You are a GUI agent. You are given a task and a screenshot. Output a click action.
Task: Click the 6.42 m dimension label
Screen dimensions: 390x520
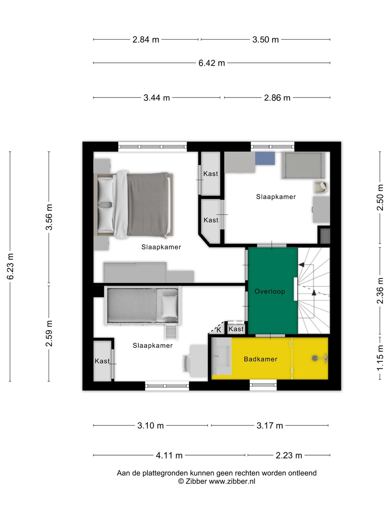212,63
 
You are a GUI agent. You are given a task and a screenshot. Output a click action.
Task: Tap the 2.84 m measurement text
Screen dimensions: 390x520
146,40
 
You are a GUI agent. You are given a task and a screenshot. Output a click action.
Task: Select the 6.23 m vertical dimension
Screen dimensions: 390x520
10,266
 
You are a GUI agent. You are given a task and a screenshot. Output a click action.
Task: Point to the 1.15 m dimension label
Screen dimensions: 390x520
380,358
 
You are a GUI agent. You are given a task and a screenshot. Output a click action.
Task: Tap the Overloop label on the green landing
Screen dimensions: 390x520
270,291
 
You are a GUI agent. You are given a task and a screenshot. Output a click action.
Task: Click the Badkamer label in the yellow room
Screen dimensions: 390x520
260,359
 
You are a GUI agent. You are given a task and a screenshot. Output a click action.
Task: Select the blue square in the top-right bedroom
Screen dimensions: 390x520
265,158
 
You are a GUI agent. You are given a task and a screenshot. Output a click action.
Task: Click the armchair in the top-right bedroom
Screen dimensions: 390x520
321,187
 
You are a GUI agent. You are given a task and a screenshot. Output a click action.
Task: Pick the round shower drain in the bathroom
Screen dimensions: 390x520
315,358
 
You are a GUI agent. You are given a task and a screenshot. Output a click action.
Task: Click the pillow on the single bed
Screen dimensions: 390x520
170,307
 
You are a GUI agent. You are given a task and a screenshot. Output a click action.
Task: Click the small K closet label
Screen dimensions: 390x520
219,330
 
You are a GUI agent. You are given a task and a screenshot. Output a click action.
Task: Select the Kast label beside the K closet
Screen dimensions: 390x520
236,329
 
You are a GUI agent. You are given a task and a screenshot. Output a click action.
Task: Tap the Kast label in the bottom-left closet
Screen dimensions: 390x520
102,361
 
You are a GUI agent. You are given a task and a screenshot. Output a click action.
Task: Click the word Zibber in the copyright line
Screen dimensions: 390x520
196,481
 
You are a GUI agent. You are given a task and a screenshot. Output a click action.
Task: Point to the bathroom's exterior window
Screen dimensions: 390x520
263,385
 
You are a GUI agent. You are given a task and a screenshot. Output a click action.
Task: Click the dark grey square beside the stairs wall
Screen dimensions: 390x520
325,236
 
